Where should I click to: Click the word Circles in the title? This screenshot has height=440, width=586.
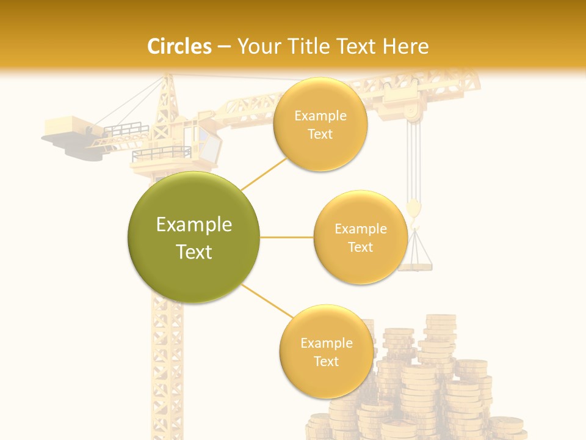tap(179, 46)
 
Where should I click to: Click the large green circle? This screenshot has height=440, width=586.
tap(194, 237)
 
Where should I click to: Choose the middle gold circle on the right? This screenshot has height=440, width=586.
tap(360, 237)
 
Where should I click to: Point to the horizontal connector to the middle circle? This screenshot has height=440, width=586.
tap(286, 237)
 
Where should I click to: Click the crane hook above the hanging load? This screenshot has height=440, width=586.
tap(414, 209)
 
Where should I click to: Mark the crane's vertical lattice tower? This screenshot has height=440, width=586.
tap(167, 367)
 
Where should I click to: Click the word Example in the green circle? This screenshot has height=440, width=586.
tap(194, 225)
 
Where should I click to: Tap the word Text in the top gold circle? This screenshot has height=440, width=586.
tap(320, 134)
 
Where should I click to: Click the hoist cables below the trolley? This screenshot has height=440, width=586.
tap(414, 159)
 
